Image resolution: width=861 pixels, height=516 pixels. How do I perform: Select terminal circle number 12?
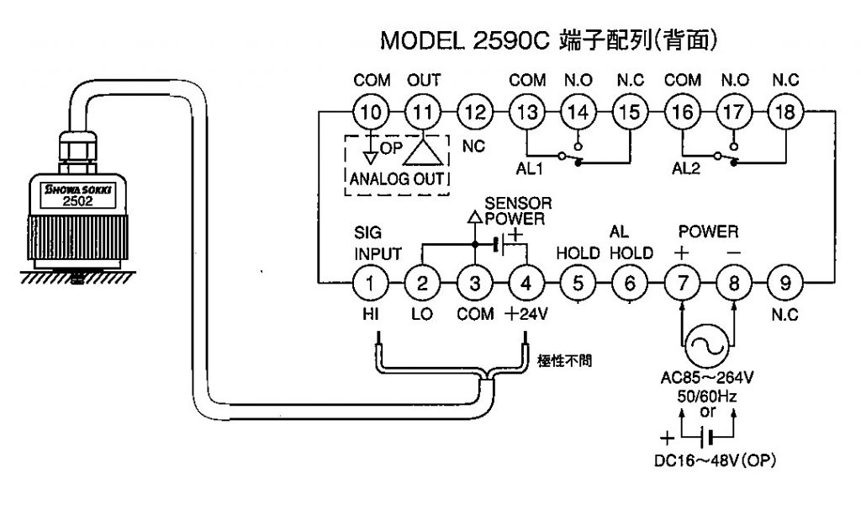(475, 112)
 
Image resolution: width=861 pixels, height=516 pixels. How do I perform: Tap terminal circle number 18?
(784, 112)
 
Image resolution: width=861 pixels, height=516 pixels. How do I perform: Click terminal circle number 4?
(526, 283)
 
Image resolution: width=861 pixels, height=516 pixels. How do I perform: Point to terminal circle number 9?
(785, 283)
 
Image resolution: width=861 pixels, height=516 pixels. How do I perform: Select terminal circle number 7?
(681, 283)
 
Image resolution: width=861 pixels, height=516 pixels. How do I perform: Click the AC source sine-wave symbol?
(707, 344)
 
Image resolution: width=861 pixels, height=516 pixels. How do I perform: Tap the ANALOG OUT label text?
(399, 178)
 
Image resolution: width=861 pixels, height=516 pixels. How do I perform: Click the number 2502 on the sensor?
(78, 201)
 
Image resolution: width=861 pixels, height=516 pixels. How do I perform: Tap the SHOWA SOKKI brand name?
(78, 190)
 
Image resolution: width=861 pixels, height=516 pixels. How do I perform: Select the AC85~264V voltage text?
(706, 376)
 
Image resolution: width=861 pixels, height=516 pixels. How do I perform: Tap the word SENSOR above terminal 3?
(518, 204)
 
